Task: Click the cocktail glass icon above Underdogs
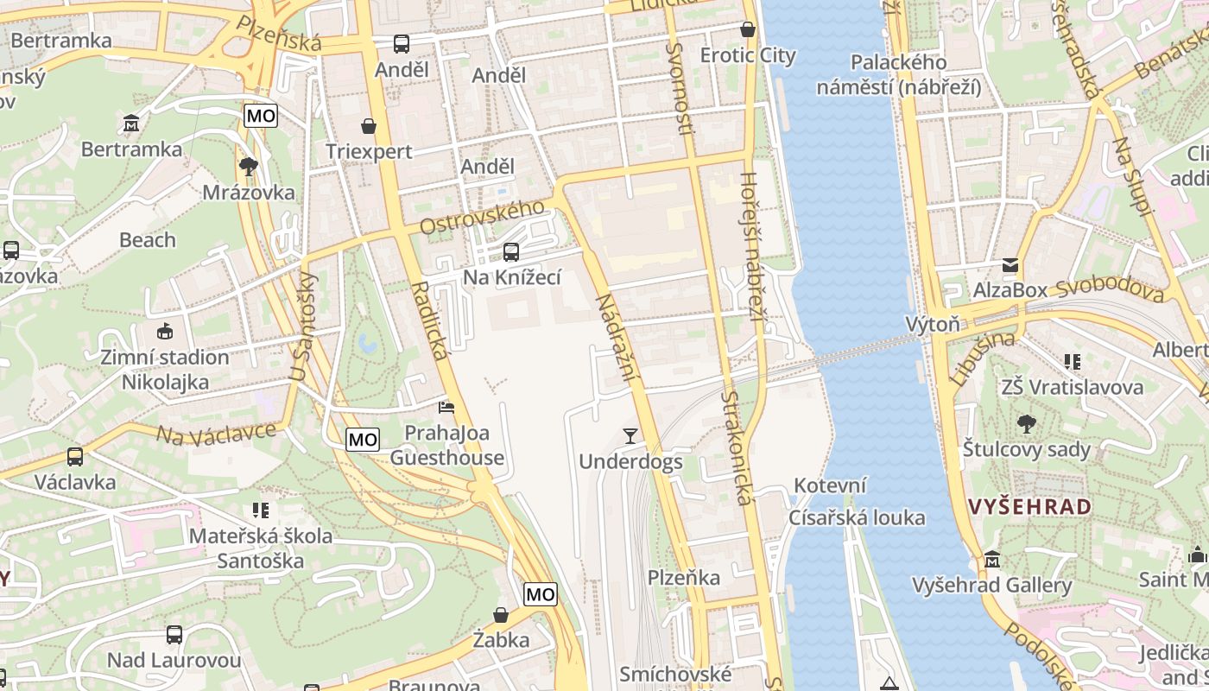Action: click(x=630, y=435)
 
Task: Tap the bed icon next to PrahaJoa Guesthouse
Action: click(x=446, y=407)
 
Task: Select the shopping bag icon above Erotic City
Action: click(x=748, y=29)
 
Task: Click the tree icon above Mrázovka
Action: click(x=248, y=166)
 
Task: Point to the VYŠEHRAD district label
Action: click(x=1030, y=507)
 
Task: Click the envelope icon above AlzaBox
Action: click(x=1010, y=265)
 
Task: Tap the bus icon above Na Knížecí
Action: click(x=511, y=251)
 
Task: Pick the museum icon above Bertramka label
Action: click(x=131, y=124)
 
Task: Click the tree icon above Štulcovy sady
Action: click(x=1027, y=423)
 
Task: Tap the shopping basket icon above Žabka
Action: click(x=501, y=615)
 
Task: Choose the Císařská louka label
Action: click(x=857, y=517)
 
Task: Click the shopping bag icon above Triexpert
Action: click(x=369, y=126)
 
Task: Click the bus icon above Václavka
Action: click(x=75, y=456)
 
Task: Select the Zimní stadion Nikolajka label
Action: click(x=165, y=369)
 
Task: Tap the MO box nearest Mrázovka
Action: click(x=261, y=116)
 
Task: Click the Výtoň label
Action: click(x=933, y=325)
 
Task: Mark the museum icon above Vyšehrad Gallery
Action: click(x=991, y=560)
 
